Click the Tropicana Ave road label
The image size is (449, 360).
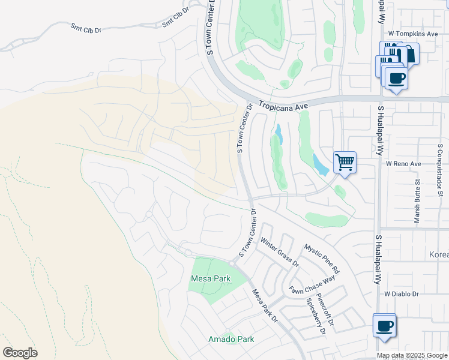pos(283,105)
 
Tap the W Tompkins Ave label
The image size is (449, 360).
pos(414,34)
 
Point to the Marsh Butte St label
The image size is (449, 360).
pos(417,201)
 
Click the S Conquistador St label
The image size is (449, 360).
pos(440,170)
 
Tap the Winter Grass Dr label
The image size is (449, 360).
pos(279,251)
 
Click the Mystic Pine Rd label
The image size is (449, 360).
pos(321,259)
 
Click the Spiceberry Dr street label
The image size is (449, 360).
pos(316,317)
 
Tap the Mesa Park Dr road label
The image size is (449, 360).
pos(264,306)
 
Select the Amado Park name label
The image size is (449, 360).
pos(231,339)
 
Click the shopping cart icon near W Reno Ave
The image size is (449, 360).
pos(345,161)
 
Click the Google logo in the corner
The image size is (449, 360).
pos(20,353)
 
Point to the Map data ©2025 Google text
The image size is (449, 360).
pos(411,355)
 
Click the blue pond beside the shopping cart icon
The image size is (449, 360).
pos(319,164)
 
